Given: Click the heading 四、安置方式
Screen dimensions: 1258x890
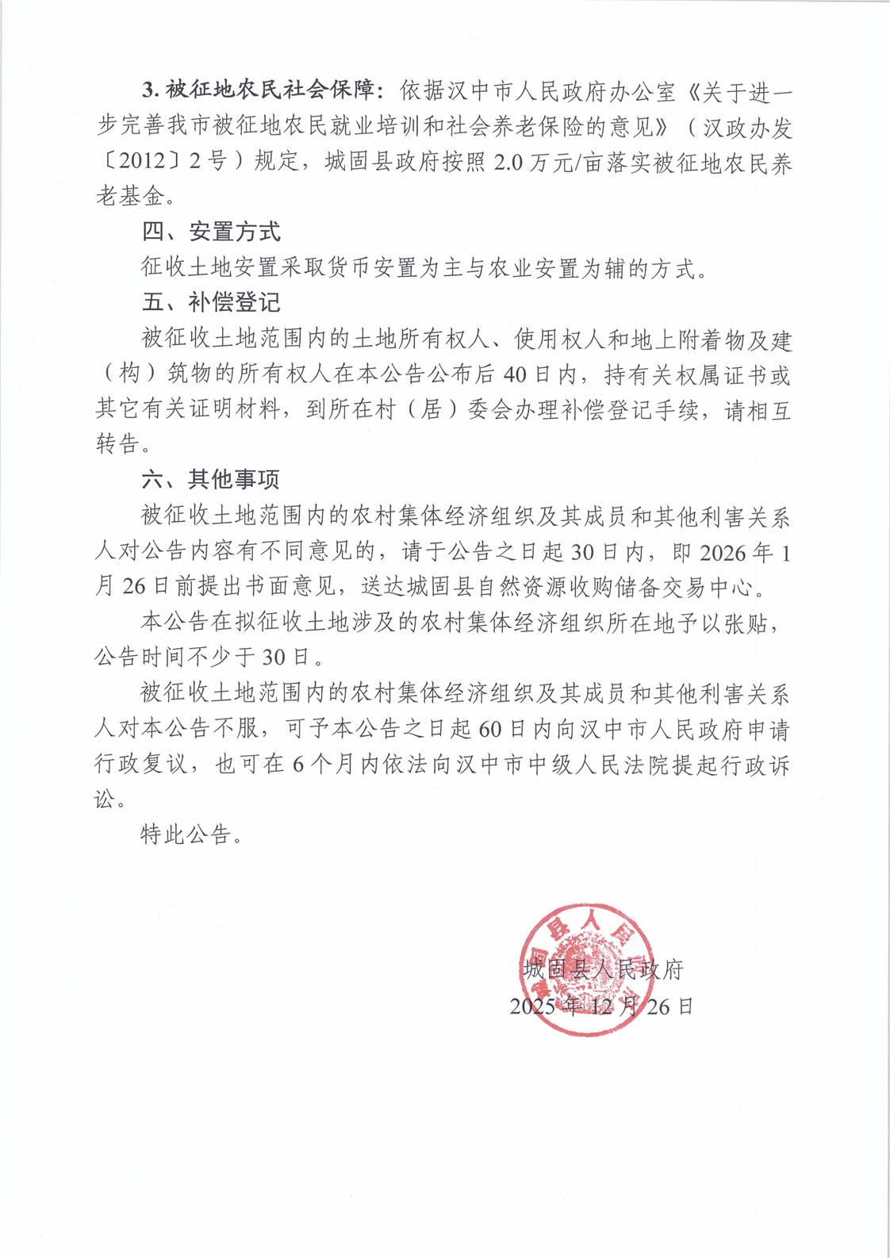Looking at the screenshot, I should click(210, 232).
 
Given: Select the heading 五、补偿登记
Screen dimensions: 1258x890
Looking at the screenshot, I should click(210, 303).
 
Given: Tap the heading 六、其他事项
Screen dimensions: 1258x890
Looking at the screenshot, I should click(210, 479).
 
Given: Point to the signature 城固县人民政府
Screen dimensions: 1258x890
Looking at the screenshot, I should click(603, 969).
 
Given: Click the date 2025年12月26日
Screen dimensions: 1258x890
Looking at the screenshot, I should click(601, 1007).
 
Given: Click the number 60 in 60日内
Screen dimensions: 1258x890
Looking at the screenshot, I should click(491, 728).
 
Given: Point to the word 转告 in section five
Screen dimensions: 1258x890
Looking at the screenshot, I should click(117, 444).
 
